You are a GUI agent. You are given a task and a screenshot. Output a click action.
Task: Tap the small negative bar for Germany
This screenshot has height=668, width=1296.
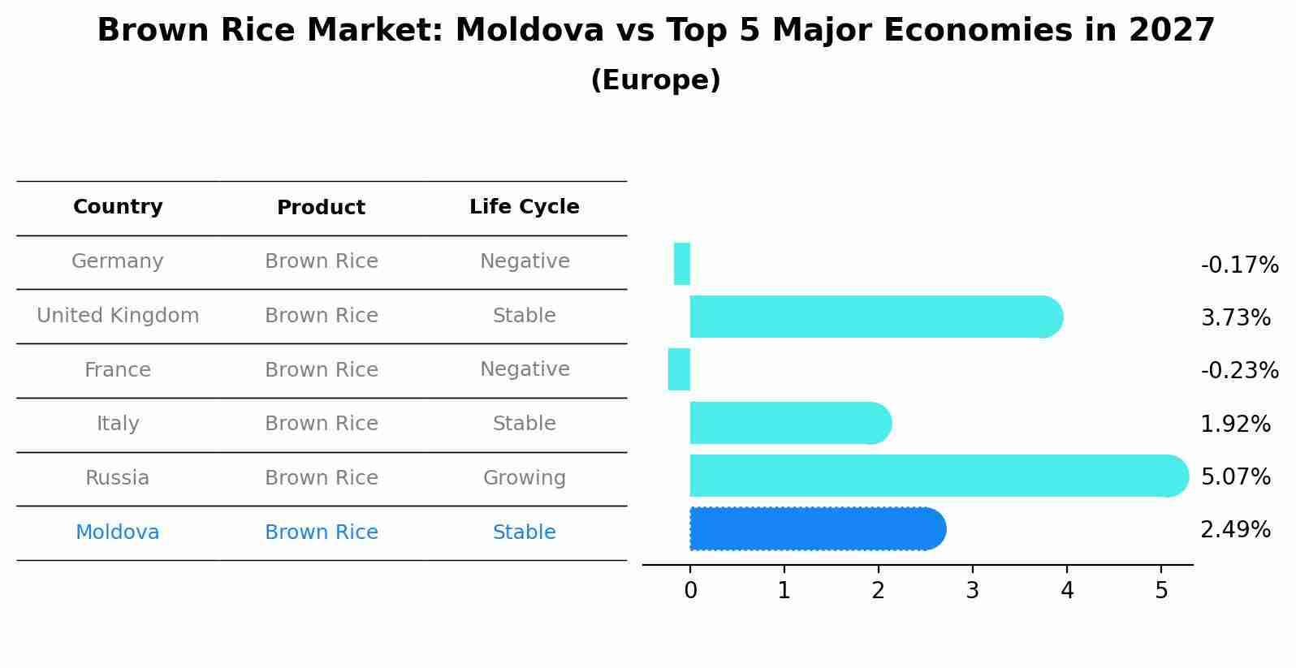click(682, 264)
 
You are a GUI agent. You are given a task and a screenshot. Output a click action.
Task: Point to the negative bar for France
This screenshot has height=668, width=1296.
click(679, 369)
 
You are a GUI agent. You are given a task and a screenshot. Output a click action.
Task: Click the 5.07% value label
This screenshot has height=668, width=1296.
click(1235, 476)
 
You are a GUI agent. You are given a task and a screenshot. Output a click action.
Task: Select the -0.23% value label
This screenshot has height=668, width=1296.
click(1239, 371)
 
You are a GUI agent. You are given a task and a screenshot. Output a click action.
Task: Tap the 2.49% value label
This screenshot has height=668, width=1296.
click(1235, 530)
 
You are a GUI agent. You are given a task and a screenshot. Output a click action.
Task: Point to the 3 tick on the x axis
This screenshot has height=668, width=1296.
click(972, 591)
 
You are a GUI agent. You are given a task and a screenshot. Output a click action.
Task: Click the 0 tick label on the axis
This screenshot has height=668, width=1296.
click(690, 591)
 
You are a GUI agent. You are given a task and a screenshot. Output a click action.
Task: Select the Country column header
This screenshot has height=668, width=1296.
click(118, 207)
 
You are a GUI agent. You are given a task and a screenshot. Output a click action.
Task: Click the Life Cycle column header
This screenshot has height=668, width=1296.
click(524, 207)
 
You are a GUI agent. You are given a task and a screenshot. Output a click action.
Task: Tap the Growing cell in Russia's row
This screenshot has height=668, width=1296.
click(524, 478)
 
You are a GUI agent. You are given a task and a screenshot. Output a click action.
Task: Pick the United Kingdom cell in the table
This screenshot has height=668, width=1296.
click(118, 316)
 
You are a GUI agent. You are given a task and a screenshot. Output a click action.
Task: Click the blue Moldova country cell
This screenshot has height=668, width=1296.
click(118, 532)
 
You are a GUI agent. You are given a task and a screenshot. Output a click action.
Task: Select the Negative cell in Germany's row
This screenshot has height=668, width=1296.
click(524, 261)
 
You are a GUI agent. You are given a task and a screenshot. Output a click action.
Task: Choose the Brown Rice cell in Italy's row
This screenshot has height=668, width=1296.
click(321, 424)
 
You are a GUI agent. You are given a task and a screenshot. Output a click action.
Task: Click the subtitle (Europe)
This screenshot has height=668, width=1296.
click(655, 80)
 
